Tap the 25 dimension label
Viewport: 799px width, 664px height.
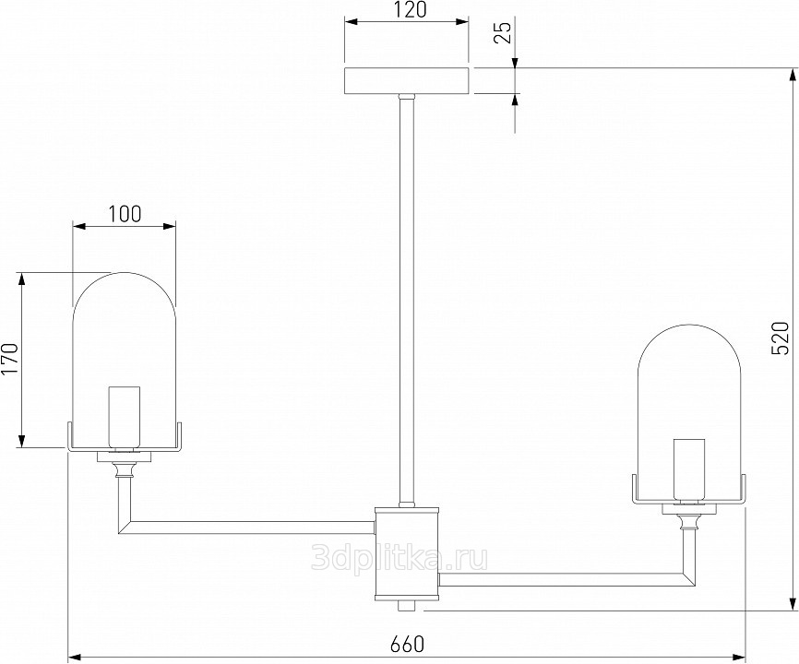tap(503, 33)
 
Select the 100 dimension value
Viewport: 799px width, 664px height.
tap(125, 214)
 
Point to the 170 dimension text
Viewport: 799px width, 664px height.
tap(9, 358)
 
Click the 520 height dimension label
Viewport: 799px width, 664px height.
tap(781, 338)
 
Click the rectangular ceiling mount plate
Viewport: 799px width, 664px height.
tap(406, 81)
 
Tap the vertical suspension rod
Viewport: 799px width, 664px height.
tap(407, 301)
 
